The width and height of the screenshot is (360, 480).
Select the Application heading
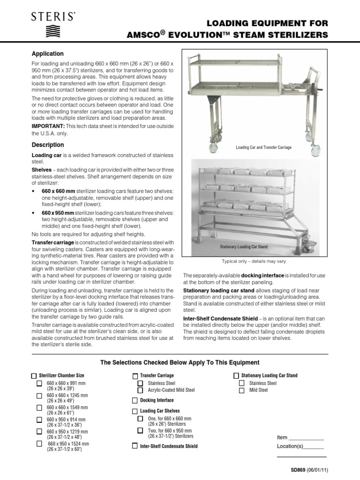(47, 54)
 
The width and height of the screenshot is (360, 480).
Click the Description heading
(48, 145)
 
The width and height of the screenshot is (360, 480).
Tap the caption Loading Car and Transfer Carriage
(263, 147)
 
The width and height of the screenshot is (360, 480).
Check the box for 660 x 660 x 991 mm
(40, 384)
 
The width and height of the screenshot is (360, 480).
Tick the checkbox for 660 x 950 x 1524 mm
(40, 443)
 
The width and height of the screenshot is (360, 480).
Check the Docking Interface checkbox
(135, 400)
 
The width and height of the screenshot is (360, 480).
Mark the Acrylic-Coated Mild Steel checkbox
(140, 390)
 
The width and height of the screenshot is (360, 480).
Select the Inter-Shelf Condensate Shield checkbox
(135, 446)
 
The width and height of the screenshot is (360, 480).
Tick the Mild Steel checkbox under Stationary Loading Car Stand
(241, 390)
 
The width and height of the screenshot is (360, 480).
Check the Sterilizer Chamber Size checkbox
(33, 376)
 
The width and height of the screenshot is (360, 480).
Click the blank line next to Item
(307, 439)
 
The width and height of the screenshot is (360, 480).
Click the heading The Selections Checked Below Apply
(180, 363)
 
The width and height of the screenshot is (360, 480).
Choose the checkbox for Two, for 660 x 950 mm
(140, 430)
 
